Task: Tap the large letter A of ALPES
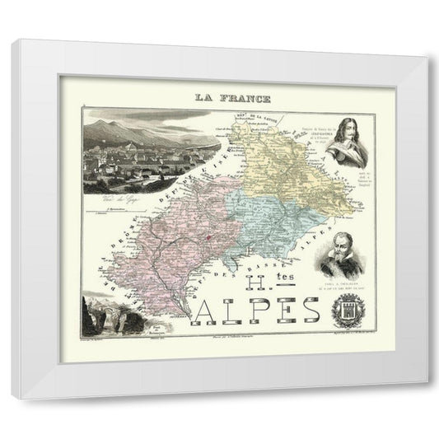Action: (207, 312)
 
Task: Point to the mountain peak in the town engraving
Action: (115, 123)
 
